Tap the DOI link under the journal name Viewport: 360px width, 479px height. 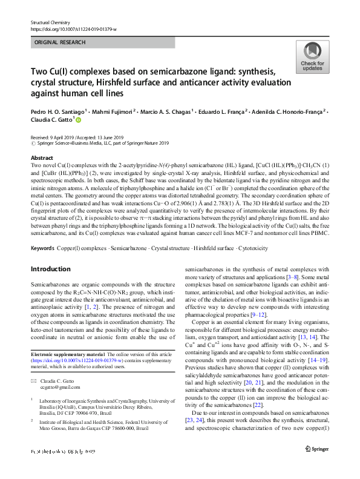(x=74, y=28)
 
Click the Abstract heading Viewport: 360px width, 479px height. (x=41, y=157)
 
